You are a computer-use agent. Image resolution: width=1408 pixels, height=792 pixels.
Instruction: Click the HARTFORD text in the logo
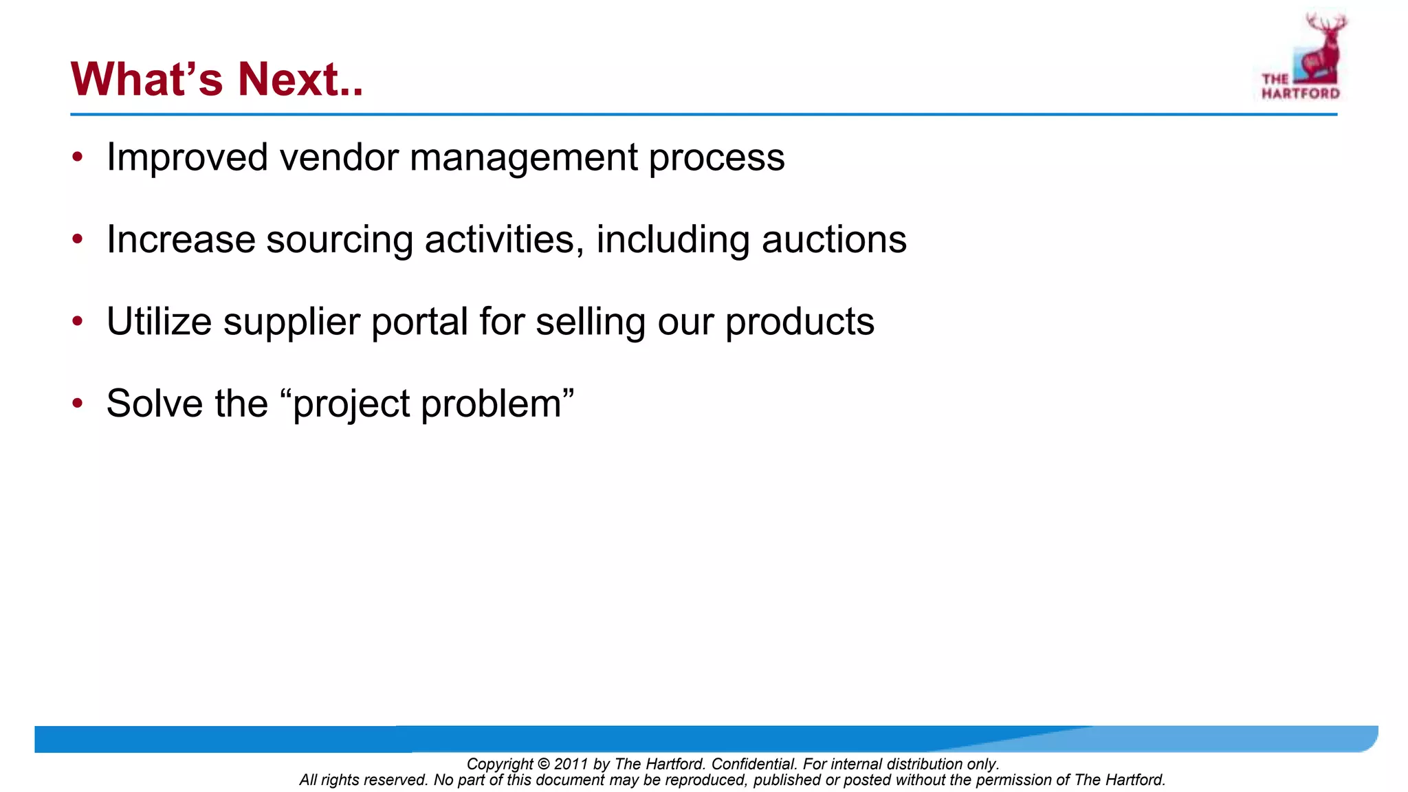click(x=1300, y=93)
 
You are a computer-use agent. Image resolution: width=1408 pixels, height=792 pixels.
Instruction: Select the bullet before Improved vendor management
click(x=78, y=157)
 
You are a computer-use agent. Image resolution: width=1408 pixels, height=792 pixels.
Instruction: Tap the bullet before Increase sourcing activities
click(x=78, y=240)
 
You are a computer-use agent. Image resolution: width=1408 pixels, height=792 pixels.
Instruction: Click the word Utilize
click(x=159, y=322)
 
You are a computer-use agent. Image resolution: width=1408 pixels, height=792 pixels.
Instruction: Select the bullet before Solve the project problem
click(x=78, y=404)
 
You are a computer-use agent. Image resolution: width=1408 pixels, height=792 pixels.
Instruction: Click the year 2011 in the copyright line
click(x=571, y=764)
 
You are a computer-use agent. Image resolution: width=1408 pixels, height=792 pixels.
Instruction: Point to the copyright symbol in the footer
click(x=543, y=764)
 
